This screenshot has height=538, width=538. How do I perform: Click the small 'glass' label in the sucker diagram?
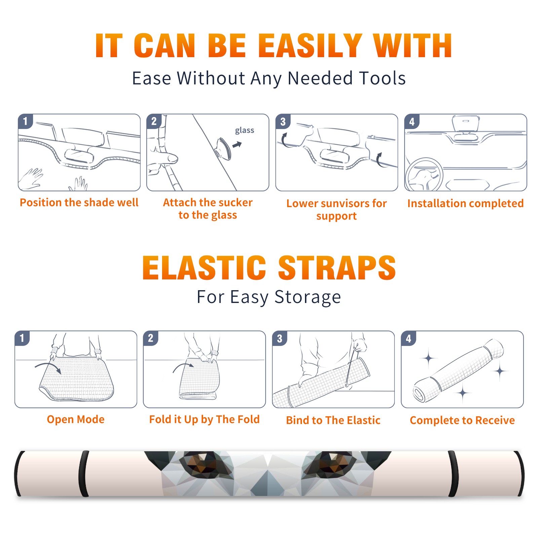244,130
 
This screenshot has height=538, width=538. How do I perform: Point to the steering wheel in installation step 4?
424,175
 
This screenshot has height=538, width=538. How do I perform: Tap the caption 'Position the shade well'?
79,202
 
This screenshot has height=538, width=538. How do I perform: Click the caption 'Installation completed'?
465,203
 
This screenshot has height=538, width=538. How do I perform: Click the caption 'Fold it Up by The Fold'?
204,420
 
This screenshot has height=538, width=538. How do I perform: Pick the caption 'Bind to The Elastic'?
333,420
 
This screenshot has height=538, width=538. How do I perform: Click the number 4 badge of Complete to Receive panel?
409,338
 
